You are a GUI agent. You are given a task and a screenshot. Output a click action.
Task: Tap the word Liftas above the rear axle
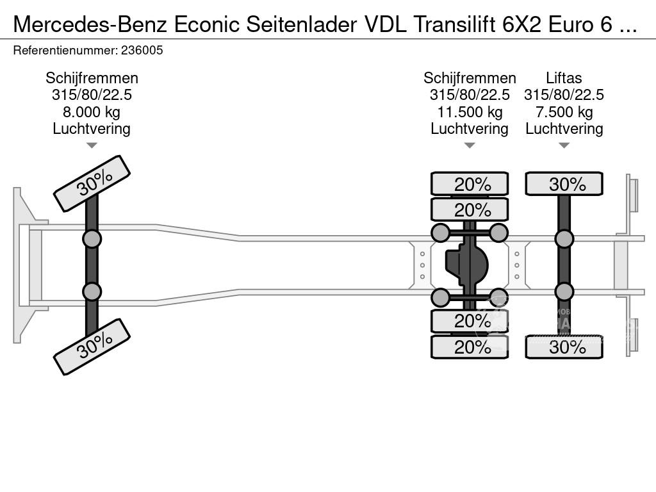[564, 78]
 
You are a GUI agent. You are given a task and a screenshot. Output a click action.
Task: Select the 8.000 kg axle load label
[92, 112]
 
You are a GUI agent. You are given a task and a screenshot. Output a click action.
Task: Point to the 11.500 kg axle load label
[470, 112]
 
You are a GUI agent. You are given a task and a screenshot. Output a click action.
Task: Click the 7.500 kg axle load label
[564, 112]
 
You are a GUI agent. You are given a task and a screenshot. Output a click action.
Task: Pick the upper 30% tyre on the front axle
[92, 184]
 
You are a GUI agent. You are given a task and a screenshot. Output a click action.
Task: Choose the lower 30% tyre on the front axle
[92, 347]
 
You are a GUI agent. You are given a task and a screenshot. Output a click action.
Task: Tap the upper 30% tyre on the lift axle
[564, 184]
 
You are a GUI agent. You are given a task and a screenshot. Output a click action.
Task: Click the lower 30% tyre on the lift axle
[564, 347]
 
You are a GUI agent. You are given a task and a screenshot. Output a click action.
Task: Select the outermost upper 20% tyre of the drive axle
[470, 184]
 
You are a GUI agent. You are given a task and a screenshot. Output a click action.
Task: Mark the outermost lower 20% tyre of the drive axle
[470, 347]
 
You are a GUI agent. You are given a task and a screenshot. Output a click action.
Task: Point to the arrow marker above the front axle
[92, 145]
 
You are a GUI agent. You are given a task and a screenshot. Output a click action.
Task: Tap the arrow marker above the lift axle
[564, 145]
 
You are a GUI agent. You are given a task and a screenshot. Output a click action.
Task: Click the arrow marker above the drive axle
[470, 145]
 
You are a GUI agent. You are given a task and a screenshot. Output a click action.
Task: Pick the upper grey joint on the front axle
[92, 239]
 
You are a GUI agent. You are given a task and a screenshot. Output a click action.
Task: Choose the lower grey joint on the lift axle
[564, 291]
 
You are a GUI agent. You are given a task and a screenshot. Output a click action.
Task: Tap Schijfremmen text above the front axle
[92, 78]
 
